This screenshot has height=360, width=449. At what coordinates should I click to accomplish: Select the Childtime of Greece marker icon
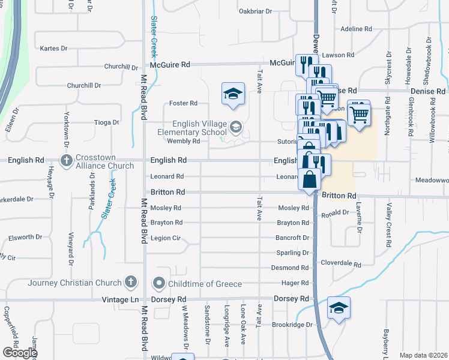point(159,283)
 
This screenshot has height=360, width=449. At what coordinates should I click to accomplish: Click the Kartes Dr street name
point(52,49)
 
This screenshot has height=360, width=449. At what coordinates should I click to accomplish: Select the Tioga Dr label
point(107,122)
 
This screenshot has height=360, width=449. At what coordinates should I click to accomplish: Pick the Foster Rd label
point(184,103)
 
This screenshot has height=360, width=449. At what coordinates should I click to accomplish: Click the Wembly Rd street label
point(183,141)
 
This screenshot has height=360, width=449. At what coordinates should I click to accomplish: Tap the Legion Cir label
point(165,238)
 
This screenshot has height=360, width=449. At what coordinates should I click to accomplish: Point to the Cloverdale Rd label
point(341,264)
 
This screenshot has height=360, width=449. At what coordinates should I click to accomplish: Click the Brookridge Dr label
point(293,325)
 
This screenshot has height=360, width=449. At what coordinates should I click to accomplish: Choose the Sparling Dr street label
point(293,253)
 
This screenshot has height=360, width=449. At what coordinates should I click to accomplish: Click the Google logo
point(20,353)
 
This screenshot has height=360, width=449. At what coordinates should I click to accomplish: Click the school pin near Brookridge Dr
point(339,308)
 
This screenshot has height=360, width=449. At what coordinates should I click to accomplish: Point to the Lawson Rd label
point(338,55)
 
